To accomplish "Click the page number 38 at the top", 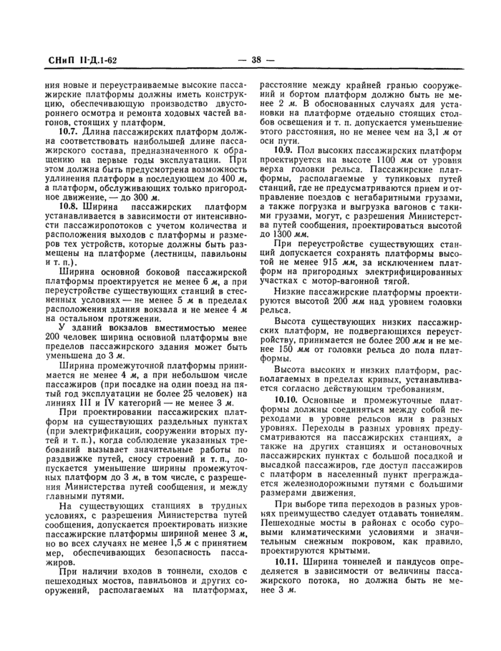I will pos(251,61).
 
